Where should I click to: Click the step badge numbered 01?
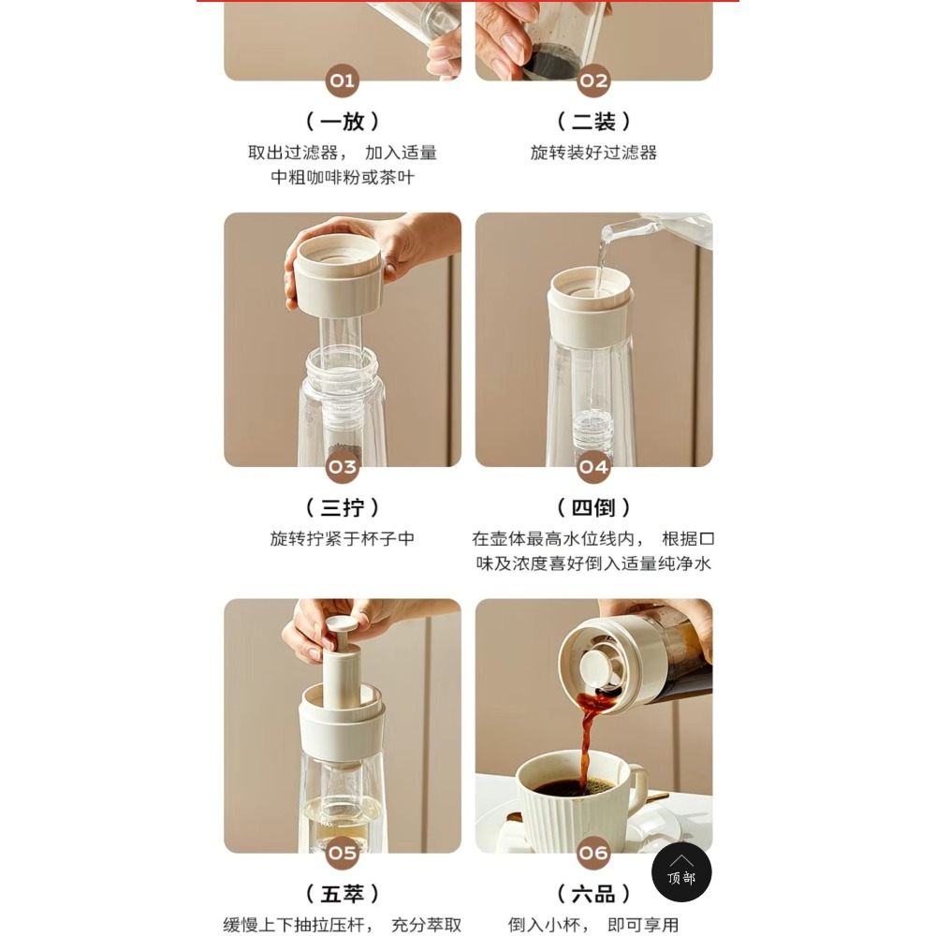(342, 80)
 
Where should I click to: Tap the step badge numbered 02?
(593, 80)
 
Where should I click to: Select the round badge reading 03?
(342, 467)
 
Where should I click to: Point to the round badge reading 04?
(593, 467)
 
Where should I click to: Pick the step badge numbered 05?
(342, 853)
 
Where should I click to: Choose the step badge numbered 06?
(593, 853)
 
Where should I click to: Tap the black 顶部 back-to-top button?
(681, 872)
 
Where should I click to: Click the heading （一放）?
(342, 121)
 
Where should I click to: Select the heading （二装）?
(593, 121)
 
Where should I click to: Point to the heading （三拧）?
(342, 507)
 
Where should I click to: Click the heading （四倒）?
(593, 507)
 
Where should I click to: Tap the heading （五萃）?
(342, 894)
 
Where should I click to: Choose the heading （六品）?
(593, 894)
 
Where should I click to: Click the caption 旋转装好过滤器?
(593, 153)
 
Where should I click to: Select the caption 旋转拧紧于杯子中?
(342, 539)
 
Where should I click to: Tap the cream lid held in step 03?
(337, 274)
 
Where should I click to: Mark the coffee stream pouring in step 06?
(588, 740)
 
